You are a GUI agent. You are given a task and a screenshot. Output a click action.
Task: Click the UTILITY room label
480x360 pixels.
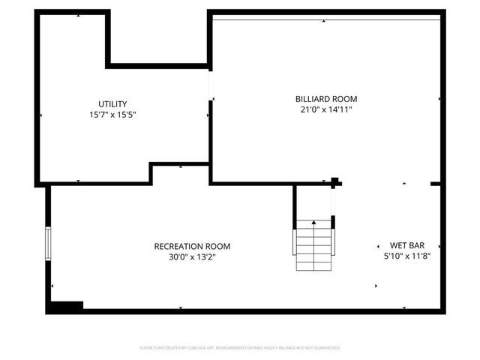[x=112, y=103]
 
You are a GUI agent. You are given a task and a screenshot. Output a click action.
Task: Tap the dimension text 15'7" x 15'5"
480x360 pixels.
[x=112, y=115]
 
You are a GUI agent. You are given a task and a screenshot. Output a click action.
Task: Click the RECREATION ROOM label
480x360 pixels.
[x=192, y=246]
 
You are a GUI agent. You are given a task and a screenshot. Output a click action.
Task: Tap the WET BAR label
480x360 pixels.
[x=407, y=245]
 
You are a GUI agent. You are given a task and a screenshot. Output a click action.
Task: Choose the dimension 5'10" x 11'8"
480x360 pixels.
[x=407, y=256]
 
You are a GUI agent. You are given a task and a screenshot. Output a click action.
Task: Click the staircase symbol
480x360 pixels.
[x=313, y=246]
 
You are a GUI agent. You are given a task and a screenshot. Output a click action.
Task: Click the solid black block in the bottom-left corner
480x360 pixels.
[x=64, y=306]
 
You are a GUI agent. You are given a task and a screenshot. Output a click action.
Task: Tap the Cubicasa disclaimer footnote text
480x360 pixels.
[x=240, y=348]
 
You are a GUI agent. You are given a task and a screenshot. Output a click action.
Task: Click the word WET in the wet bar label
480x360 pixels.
[x=397, y=245]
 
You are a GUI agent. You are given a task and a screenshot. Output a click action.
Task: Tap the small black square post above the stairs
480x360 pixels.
[x=334, y=181]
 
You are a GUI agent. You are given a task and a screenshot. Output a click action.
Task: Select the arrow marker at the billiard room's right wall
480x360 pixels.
[x=439, y=98]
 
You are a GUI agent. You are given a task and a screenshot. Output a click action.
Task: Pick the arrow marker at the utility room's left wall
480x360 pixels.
[x=40, y=115]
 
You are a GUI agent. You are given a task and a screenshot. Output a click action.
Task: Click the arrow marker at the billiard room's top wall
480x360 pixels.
[x=324, y=21]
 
